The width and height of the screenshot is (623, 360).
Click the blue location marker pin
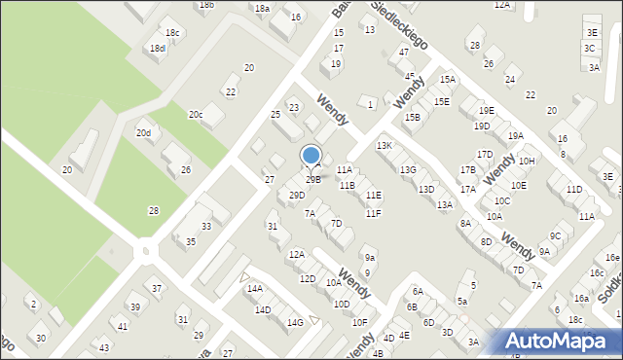pos(311,156)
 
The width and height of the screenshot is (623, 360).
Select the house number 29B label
pos(312,179)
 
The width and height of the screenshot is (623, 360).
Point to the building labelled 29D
pos(297,196)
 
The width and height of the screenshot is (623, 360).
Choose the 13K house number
pos(384,146)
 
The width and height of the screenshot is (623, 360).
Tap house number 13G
pos(408,170)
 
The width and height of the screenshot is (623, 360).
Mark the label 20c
pos(196,115)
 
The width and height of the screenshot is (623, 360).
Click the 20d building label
pos(143,132)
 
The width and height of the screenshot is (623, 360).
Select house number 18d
pos(157,49)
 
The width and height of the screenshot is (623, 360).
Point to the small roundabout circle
pos(146,251)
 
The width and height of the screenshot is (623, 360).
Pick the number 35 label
pos(192,241)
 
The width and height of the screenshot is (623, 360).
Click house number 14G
pos(295,322)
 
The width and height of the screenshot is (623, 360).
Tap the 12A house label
pos(297,254)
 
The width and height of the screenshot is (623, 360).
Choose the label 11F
pos(373,213)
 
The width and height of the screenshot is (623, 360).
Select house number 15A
pos(447,80)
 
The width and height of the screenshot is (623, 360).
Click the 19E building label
pos(486,111)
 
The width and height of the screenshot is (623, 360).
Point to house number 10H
pos(527,162)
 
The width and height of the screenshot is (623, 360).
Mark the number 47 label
pos(404,52)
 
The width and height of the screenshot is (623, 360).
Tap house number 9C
pos(555,235)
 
